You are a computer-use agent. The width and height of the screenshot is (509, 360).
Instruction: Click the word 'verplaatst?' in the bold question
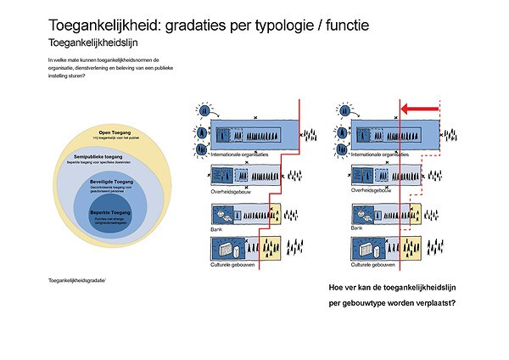[432, 303]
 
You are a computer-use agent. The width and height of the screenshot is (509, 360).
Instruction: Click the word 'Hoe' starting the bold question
[336, 287]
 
